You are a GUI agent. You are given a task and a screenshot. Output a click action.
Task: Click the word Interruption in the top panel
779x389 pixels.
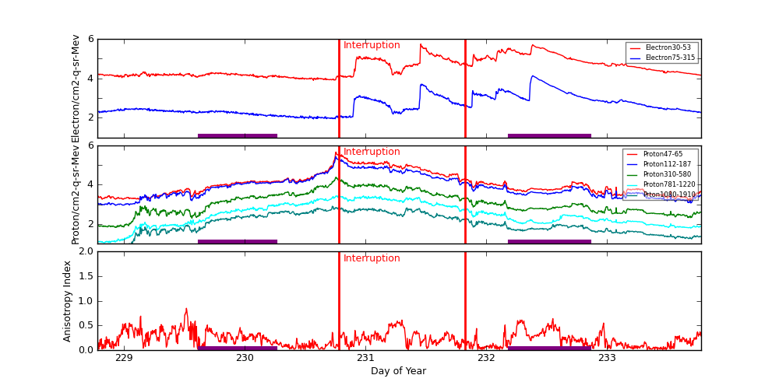[x=372, y=45]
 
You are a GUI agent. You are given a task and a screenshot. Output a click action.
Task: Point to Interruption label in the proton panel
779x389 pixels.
[x=372, y=152]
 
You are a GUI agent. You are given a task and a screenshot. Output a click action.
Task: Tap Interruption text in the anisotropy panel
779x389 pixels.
[x=372, y=258]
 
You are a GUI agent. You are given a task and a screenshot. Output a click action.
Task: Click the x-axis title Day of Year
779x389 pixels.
[x=398, y=371]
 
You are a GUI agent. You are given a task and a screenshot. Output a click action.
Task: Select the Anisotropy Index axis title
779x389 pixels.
[x=68, y=300]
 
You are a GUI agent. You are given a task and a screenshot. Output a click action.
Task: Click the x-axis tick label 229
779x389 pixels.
[x=124, y=358]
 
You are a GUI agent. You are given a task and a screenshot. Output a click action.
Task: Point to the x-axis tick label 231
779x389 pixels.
[x=365, y=358]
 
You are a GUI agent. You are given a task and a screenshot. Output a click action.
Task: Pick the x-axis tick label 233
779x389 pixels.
[x=607, y=358]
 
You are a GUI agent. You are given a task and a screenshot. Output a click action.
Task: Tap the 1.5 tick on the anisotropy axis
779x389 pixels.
[x=84, y=276]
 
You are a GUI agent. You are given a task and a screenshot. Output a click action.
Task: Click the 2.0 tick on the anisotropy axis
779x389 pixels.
[x=84, y=251]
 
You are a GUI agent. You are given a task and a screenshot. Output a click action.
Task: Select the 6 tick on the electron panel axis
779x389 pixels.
[x=90, y=39]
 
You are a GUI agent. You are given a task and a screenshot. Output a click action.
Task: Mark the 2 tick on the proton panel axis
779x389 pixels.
[x=90, y=223]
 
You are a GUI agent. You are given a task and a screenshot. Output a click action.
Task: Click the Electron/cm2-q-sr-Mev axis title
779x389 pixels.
[x=76, y=88]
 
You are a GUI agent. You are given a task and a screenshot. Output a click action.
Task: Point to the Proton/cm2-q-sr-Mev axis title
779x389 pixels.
[x=76, y=194]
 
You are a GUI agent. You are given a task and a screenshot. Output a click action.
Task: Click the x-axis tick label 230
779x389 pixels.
[x=245, y=358]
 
